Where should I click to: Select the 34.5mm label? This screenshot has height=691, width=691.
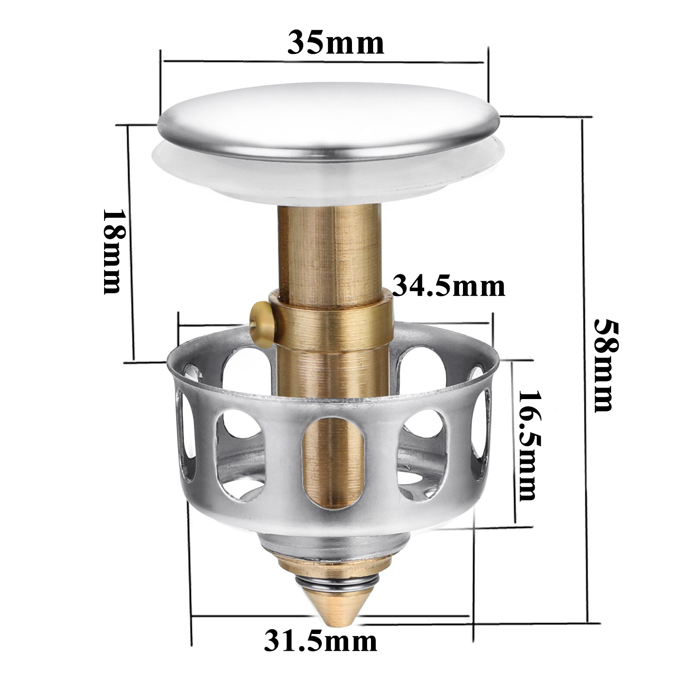[449, 286]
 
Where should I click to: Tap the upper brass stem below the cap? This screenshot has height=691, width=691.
[328, 246]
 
